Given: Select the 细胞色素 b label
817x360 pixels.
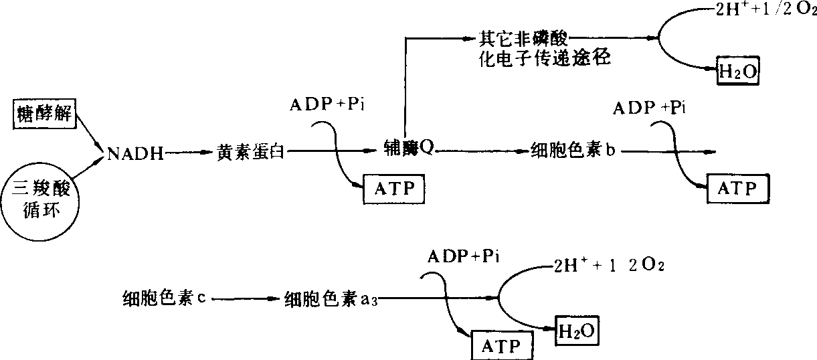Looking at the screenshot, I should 573,150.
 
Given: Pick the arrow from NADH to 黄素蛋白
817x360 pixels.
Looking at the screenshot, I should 188,154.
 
